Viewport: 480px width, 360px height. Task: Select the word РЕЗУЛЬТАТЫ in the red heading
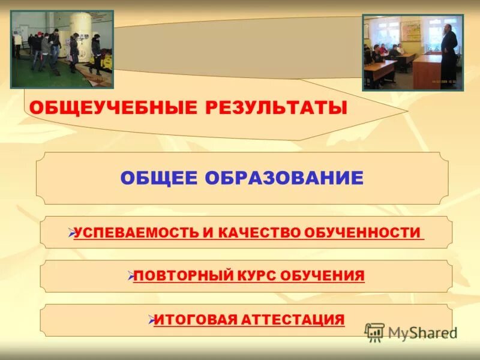tap(277, 108)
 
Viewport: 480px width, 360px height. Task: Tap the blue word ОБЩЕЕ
tap(158, 178)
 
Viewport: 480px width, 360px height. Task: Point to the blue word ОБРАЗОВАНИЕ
tap(284, 178)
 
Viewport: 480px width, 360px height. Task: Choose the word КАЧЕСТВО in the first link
tap(257, 233)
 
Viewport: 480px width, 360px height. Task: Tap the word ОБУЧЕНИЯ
tap(329, 276)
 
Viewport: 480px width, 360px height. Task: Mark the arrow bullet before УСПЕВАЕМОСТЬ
tap(70, 232)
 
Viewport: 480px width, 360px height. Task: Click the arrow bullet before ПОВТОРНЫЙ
tap(130, 275)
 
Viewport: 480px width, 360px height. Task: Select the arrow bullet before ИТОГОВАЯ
tap(151, 318)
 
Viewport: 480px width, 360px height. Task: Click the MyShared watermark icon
tap(374, 332)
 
